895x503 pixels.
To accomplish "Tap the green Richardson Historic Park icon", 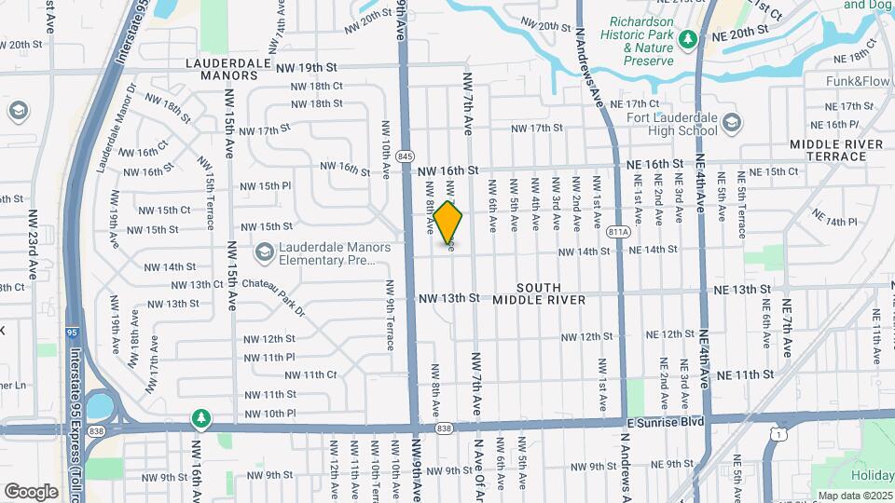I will pos(687,39).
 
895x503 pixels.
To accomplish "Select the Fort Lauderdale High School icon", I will pos(732,123).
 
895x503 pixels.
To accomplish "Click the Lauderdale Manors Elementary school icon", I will pos(265,251).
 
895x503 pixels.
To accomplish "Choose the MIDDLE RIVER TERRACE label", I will pos(834,150).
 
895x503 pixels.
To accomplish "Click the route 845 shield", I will pos(406,156).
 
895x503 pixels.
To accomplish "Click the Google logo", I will pos(31,491).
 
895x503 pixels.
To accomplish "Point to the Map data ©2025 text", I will pos(855,496).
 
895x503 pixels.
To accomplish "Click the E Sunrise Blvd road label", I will pos(664,421).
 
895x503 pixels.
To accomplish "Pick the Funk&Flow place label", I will pos(858,81).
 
